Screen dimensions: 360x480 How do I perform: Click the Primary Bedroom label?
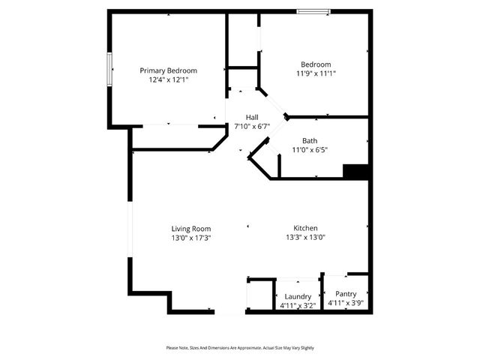click(x=169, y=70)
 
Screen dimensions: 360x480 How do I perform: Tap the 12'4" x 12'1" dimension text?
click(x=169, y=79)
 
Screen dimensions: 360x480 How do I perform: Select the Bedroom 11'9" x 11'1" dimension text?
click(x=316, y=73)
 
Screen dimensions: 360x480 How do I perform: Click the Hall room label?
click(x=252, y=118)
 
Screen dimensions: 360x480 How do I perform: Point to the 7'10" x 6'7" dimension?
click(x=252, y=127)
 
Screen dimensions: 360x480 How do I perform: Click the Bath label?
click(x=310, y=141)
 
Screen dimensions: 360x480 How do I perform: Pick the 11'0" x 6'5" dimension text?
click(x=310, y=150)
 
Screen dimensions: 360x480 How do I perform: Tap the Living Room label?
click(x=191, y=229)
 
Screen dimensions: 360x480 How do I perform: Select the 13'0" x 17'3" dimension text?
click(x=191, y=238)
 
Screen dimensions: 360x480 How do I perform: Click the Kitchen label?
click(x=305, y=229)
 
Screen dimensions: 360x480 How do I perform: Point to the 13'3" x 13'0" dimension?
click(x=305, y=238)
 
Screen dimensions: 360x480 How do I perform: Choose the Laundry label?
click(x=298, y=296)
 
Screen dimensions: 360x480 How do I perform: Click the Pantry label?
click(x=346, y=294)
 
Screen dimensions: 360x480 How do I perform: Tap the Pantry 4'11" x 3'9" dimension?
click(x=346, y=303)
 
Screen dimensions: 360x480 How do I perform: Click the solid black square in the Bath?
click(x=355, y=171)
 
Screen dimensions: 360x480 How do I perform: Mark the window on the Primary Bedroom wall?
click(x=109, y=69)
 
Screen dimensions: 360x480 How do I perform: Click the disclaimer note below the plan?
click(x=240, y=348)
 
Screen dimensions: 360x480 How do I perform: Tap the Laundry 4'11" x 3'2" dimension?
click(x=298, y=305)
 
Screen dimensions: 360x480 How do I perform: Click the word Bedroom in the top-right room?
click(x=316, y=64)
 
